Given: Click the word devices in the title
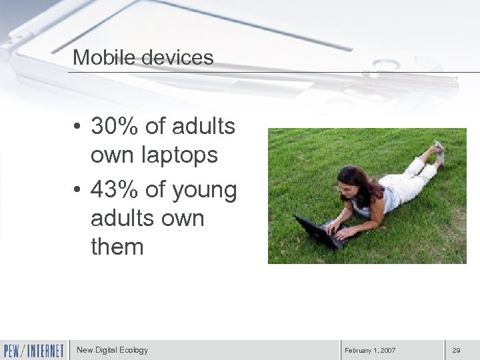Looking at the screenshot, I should (176, 57).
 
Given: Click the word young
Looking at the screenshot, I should (204, 191).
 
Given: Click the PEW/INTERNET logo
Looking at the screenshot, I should (33, 349).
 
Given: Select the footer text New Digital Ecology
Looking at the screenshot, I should (112, 349).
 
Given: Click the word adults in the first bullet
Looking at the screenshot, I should (203, 127).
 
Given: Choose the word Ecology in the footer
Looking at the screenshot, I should (134, 349).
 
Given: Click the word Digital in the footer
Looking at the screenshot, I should (107, 349).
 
